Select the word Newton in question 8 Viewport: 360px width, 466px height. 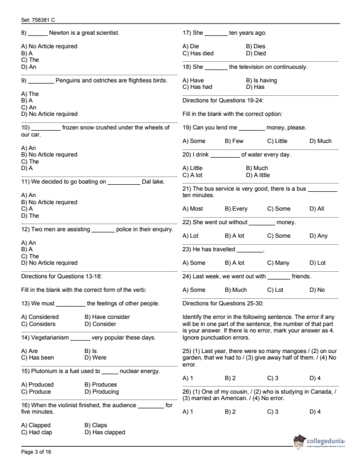60,33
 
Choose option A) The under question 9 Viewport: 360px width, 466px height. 30,94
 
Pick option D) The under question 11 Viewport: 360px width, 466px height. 30,215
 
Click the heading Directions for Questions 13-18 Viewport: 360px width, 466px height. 59,276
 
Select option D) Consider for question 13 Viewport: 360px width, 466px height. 101,324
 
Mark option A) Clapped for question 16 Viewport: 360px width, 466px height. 36,425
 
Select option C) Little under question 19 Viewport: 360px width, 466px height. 277,141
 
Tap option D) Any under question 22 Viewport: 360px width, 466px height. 318,235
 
